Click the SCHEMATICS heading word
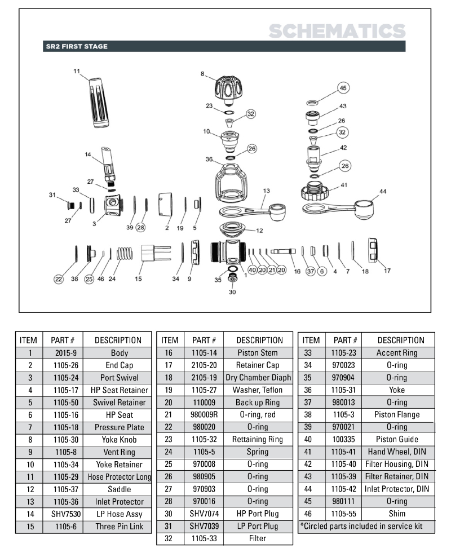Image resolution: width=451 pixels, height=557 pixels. click(337, 31)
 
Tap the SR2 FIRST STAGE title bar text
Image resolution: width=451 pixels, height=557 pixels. click(76, 47)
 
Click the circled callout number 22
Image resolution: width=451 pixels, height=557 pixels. click(58, 278)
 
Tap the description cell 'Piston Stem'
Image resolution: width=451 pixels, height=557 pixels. click(259, 353)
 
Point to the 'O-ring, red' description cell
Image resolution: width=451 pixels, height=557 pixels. click(259, 415)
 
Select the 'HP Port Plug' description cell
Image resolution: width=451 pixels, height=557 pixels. click(259, 514)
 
